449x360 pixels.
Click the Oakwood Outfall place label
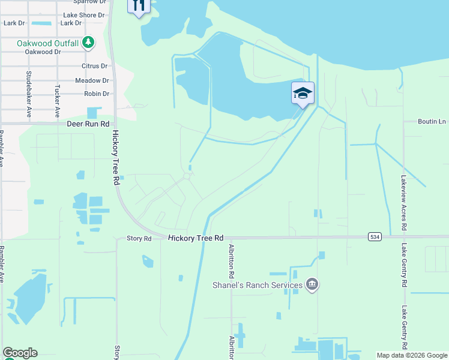tap(47, 43)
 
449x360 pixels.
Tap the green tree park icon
tap(89, 42)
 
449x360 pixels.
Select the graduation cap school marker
tap(303, 93)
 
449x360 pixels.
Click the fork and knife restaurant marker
tap(139, 6)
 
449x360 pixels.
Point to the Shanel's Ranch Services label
tap(258, 284)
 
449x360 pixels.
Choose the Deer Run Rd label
tap(88, 124)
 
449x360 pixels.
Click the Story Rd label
tap(139, 238)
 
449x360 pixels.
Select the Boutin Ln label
tap(433, 122)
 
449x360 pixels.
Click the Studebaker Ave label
tap(29, 94)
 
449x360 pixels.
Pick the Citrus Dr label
tap(95, 66)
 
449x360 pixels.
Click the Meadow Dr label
tap(92, 80)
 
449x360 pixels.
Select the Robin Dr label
tap(96, 94)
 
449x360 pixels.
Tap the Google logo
tap(20, 353)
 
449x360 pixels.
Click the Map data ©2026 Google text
tap(411, 355)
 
